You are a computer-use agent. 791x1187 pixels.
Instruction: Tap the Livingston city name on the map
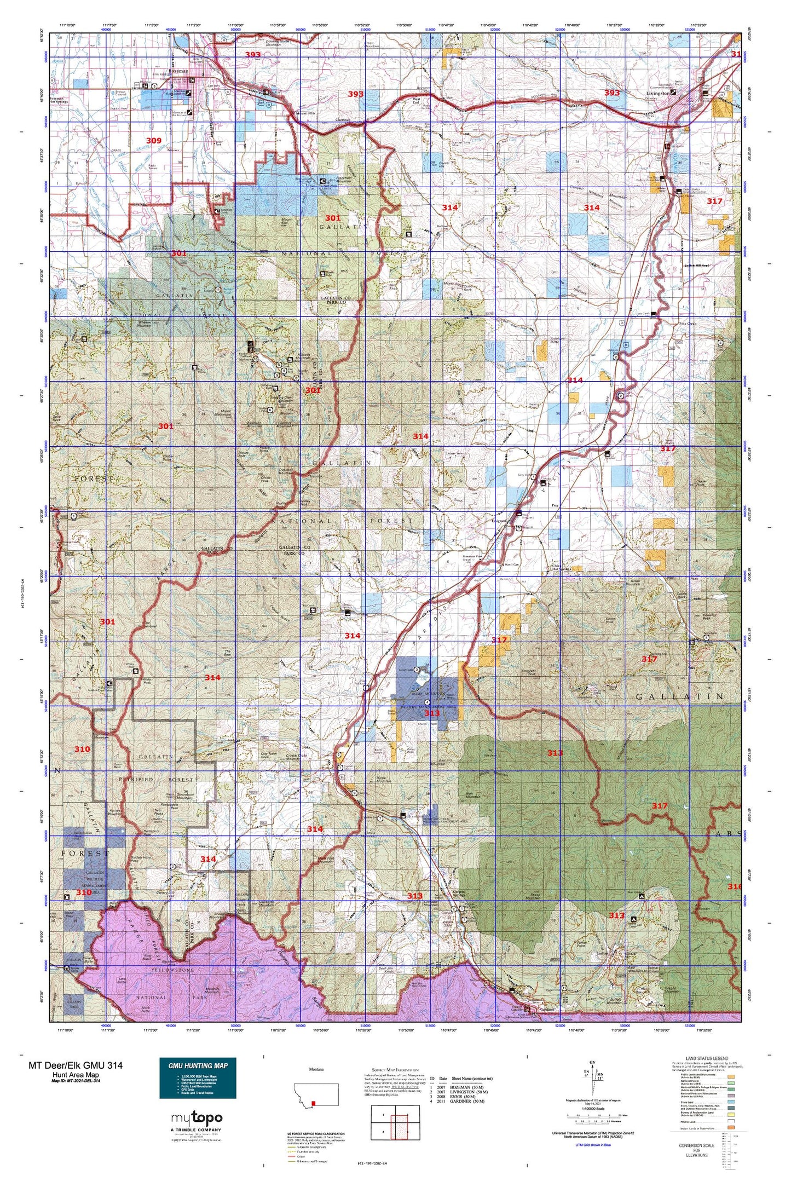[656, 93]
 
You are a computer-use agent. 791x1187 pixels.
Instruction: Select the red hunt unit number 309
[154, 141]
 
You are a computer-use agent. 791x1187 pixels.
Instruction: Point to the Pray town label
[555, 506]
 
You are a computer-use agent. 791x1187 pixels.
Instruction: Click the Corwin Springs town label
[451, 892]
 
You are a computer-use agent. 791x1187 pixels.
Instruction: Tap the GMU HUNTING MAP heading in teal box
[198, 1065]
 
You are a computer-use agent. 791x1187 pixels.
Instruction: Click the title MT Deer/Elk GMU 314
[76, 1065]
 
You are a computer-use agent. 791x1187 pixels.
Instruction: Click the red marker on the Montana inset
[313, 1104]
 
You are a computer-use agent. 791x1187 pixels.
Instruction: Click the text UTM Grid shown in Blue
[593, 1145]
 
